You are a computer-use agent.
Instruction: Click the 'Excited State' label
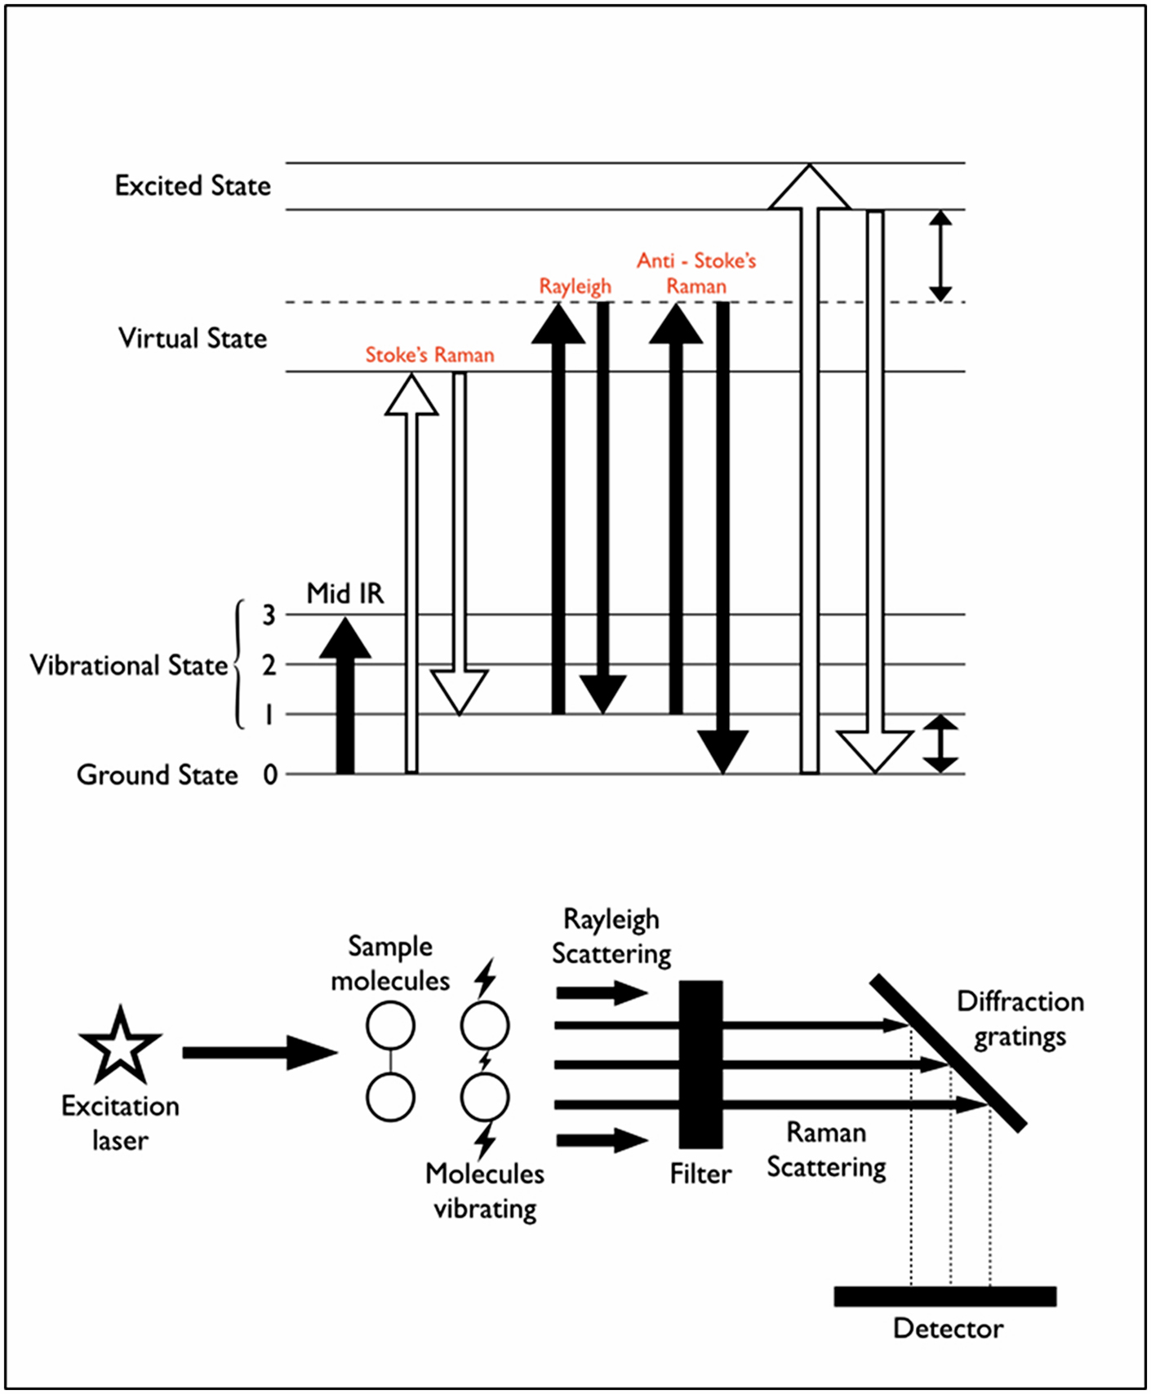pos(193,186)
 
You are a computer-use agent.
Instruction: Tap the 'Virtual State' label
pos(193,338)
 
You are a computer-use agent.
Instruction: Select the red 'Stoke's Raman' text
pos(429,355)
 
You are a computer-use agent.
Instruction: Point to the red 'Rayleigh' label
pos(575,286)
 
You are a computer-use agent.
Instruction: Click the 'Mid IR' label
pos(344,593)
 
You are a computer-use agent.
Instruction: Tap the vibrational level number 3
pos(269,615)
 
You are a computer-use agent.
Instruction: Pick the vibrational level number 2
pos(269,664)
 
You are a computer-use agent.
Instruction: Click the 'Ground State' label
pos(158,775)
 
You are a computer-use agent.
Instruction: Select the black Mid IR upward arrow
pos(345,702)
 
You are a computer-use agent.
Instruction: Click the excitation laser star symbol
pos(120,1045)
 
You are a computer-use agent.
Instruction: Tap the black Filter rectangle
pos(700,1063)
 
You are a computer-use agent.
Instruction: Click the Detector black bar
pos(944,1296)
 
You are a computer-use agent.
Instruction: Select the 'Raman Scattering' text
pos(826,1150)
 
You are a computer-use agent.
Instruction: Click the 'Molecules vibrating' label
pos(485,1191)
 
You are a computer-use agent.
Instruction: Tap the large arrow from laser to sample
pos(258,1053)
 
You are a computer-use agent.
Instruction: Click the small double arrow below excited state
pos(940,255)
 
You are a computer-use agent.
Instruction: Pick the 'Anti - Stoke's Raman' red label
pos(696,273)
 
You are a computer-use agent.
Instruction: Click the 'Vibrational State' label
pos(129,665)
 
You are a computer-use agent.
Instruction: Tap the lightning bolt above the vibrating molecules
pos(486,977)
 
